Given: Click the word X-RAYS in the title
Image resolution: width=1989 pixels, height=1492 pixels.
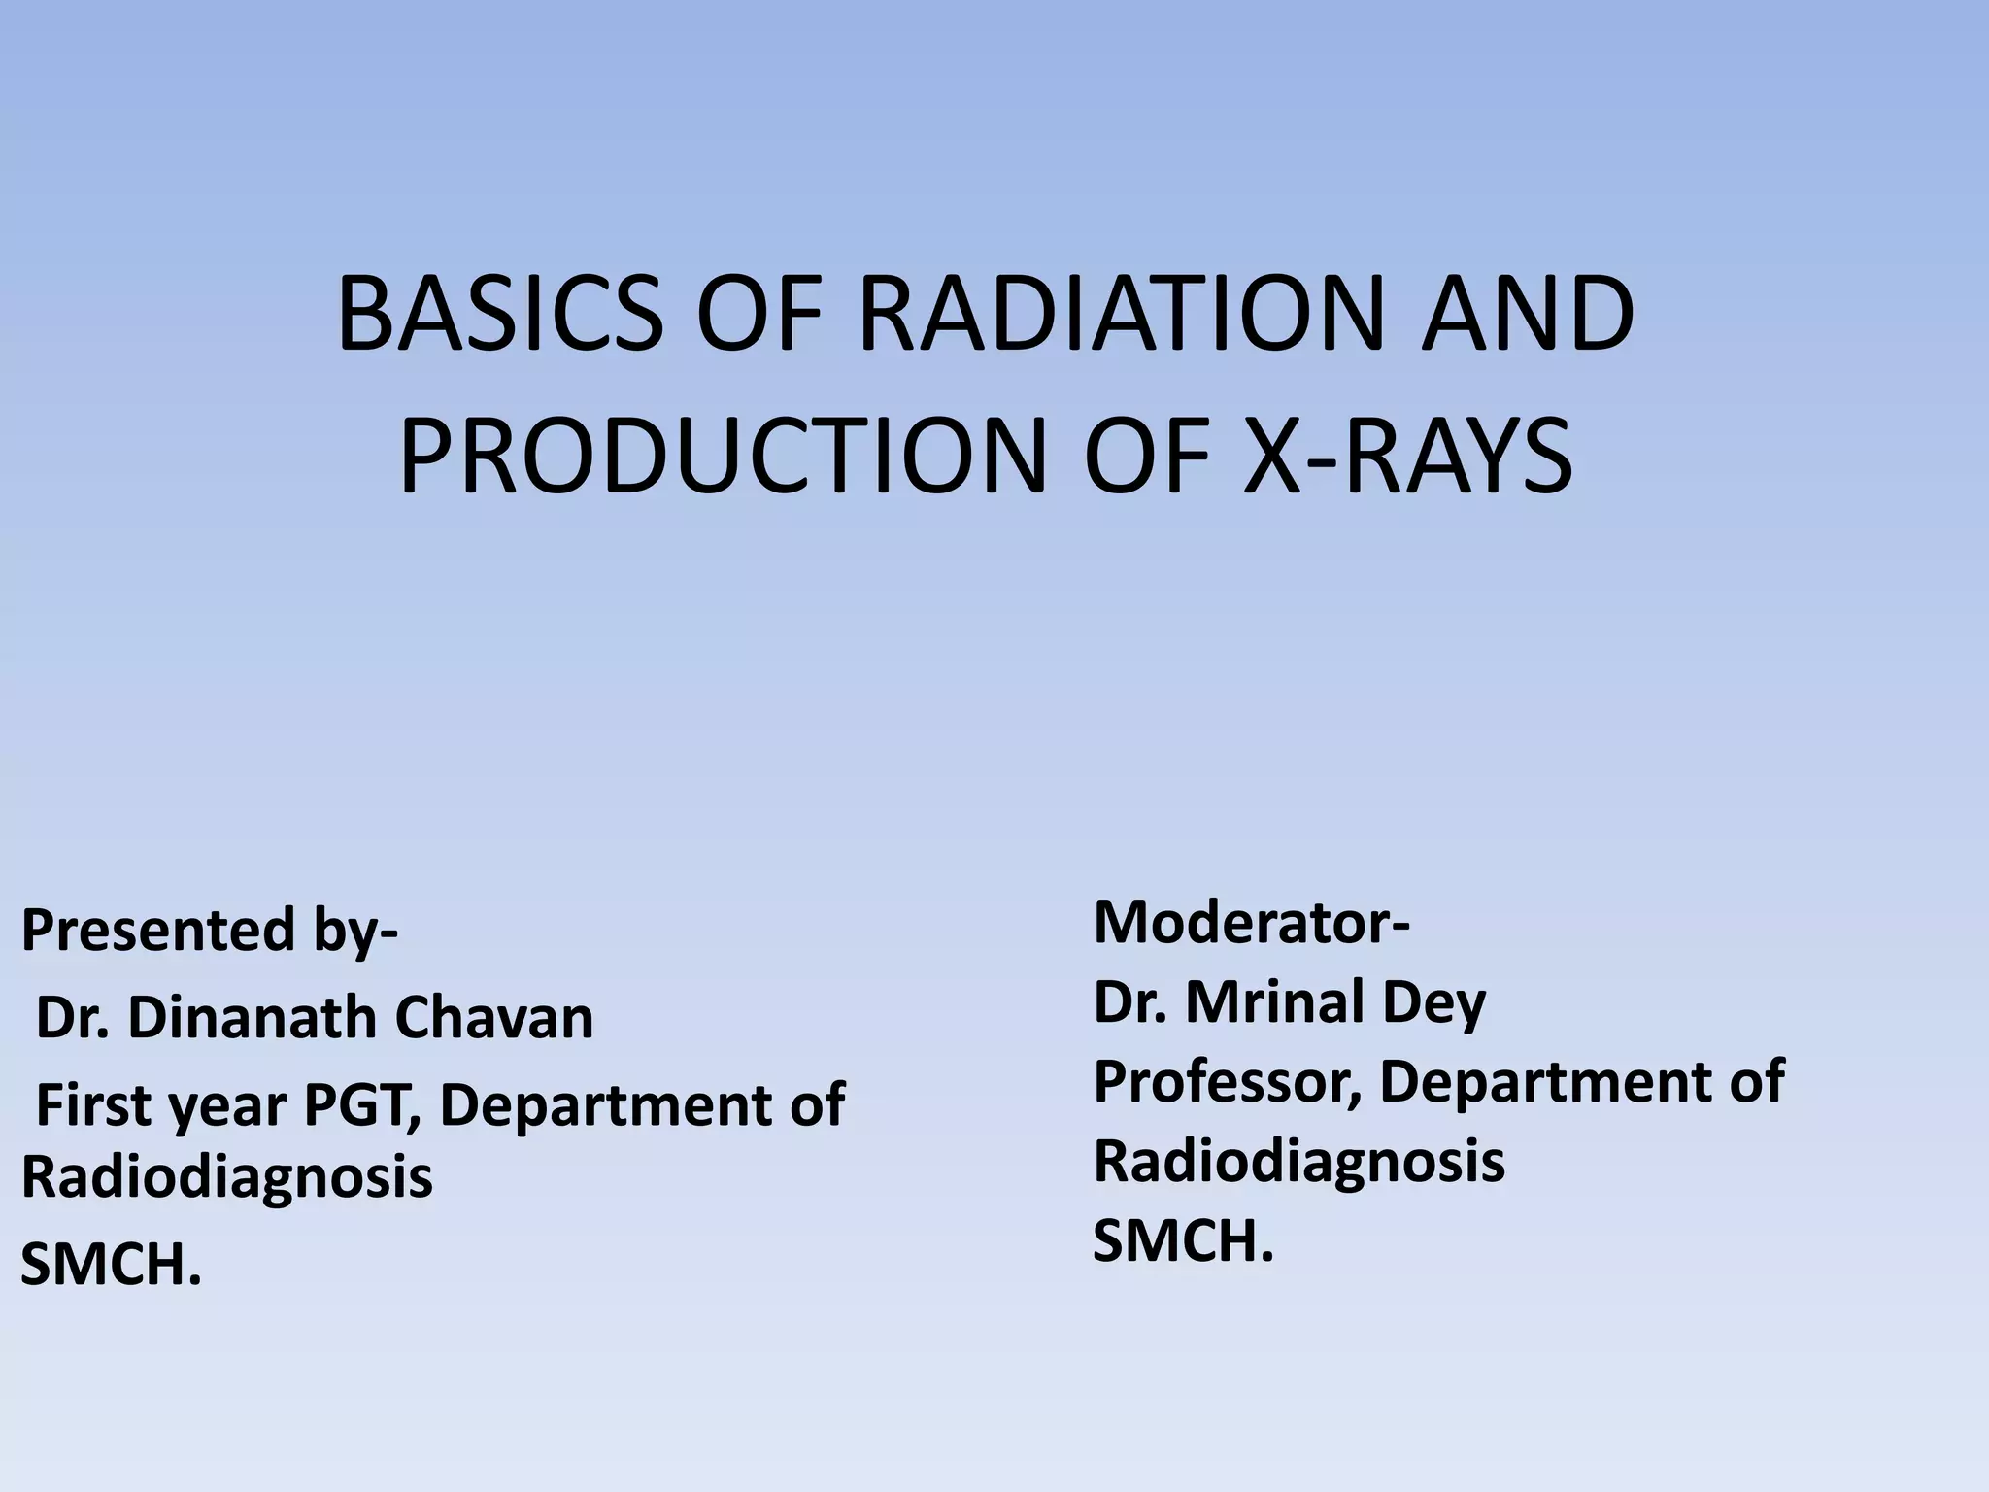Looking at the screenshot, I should pyautogui.click(x=1408, y=455).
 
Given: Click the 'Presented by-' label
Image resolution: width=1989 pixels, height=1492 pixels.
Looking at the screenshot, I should pyautogui.click(x=209, y=931).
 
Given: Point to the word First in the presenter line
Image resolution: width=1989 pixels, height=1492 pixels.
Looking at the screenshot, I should pyautogui.click(x=95, y=1105).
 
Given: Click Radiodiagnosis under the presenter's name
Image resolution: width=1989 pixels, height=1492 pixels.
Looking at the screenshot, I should pyautogui.click(x=226, y=1177).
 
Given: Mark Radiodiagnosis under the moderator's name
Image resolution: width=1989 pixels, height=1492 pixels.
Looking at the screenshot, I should pyautogui.click(x=1298, y=1162).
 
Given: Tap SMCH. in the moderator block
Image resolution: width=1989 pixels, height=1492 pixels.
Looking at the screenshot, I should pyautogui.click(x=1183, y=1241).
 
